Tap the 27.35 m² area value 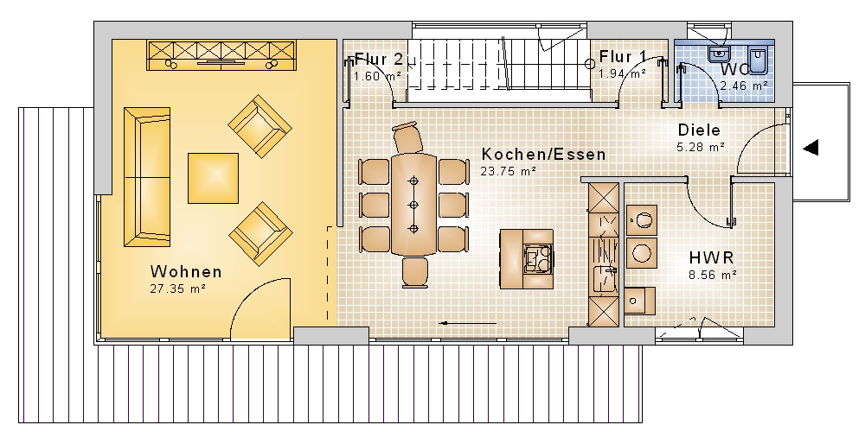[x=177, y=289]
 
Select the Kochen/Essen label [x=543, y=155]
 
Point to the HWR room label [x=712, y=257]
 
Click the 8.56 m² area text [x=713, y=275]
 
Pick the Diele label [x=699, y=130]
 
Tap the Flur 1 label [x=624, y=57]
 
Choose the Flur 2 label [x=379, y=59]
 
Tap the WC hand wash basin [x=718, y=54]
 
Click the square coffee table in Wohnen [x=214, y=179]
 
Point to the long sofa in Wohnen [x=147, y=177]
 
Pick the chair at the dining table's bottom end [x=415, y=272]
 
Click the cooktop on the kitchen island [x=537, y=257]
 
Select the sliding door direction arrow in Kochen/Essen [x=468, y=323]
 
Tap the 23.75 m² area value [x=508, y=171]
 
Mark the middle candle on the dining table [x=413, y=205]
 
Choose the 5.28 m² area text [x=701, y=147]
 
